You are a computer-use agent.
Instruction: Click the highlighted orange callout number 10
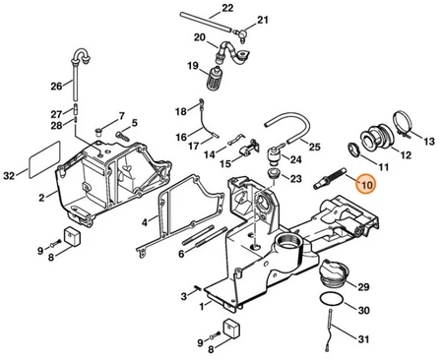tap(366, 184)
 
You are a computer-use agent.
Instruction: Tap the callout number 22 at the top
tap(227, 8)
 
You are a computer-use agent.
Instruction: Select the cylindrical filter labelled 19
tap(214, 78)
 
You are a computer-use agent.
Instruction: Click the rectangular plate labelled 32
tap(44, 159)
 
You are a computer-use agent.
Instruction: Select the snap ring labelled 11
tap(354, 150)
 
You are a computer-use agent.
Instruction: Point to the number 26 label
tap(56, 87)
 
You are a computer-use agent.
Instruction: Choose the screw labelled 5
tap(123, 135)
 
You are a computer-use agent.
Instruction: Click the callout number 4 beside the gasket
tap(145, 222)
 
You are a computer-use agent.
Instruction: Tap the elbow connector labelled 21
tap(242, 33)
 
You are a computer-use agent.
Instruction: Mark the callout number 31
tap(363, 339)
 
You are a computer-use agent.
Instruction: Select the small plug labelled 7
tap(99, 132)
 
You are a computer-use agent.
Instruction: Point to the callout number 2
tap(41, 198)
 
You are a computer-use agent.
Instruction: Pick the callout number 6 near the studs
tap(181, 254)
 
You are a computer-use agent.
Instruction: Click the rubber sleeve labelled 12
tap(377, 138)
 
